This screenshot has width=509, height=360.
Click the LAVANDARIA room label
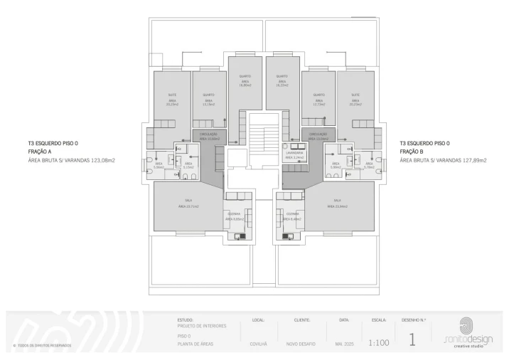(x=295, y=153)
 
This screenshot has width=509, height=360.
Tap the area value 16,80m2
(x=242, y=85)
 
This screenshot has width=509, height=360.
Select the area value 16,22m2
(x=282, y=85)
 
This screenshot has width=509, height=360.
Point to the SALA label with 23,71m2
(x=188, y=201)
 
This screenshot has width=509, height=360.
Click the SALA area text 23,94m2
(x=337, y=206)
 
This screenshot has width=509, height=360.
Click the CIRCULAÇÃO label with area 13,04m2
(x=317, y=134)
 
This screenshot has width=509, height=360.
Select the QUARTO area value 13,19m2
(x=208, y=104)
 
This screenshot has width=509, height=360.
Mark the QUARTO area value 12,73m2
(x=318, y=104)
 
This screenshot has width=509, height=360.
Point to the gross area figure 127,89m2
(x=472, y=160)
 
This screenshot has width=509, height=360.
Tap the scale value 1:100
(x=378, y=343)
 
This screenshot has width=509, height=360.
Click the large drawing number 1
(x=412, y=339)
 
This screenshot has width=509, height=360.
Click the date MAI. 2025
(x=344, y=344)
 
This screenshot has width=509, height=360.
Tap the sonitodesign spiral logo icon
(x=467, y=324)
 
